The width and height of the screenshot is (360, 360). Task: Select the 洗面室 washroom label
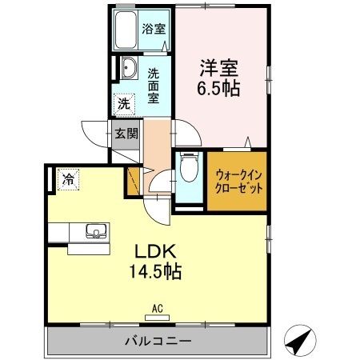tap(153, 86)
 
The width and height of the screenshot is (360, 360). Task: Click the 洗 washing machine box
tap(124, 103)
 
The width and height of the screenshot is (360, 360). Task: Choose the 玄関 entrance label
tap(126, 133)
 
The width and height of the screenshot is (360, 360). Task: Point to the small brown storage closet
tap(133, 182)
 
